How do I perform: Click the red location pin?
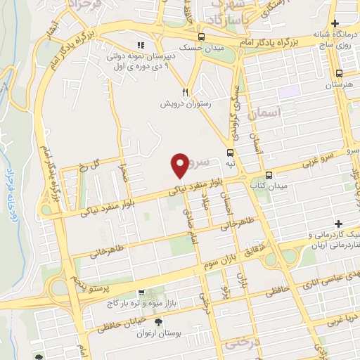point(181,165)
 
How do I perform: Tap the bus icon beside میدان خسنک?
point(202,37)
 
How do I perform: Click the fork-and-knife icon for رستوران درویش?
point(186,91)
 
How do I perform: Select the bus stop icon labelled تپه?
point(230,153)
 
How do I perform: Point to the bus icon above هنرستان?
point(340,73)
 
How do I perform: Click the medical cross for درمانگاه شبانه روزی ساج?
point(335,24)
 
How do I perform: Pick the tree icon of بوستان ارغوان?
point(157,322)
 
